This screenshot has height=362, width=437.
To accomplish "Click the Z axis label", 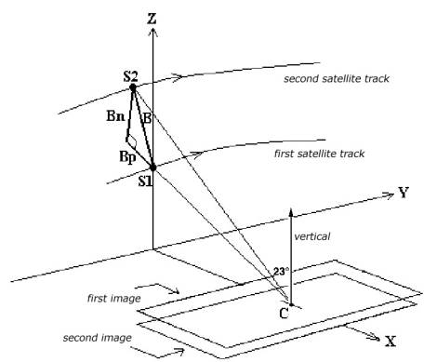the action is coord(152,19).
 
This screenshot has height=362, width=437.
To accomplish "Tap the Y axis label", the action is coord(404,193).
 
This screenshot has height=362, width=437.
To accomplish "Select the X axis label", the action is coord(391,342).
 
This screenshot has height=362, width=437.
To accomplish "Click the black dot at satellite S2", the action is coord(133,87).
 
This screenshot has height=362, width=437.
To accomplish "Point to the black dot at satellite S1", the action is coord(152,168).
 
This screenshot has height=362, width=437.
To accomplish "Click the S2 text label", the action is coord(130,76).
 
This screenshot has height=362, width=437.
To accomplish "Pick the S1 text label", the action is coord(145,181).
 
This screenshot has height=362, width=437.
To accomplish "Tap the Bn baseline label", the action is coord(115,116).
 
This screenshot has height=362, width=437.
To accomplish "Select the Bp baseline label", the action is coord(127,157).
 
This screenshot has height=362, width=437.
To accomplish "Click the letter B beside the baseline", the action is coord(147,118).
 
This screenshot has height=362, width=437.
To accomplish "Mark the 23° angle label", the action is coord(281,272).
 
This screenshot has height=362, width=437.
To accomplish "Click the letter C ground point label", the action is coord(284,314).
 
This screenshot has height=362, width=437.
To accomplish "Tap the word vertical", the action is coord(312,236).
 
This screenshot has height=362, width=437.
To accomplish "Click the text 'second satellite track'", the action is coord(337,79).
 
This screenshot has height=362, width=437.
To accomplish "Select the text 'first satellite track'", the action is coord(319,154).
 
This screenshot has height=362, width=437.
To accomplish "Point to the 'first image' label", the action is coord(114,299).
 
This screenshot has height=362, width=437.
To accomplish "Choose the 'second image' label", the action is coord(98,338).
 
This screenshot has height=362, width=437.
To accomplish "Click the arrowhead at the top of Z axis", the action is coord(152,32).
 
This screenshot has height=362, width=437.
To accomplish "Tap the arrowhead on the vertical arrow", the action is coord(291,212).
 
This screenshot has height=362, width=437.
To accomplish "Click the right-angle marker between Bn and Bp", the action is coord(132,142).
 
